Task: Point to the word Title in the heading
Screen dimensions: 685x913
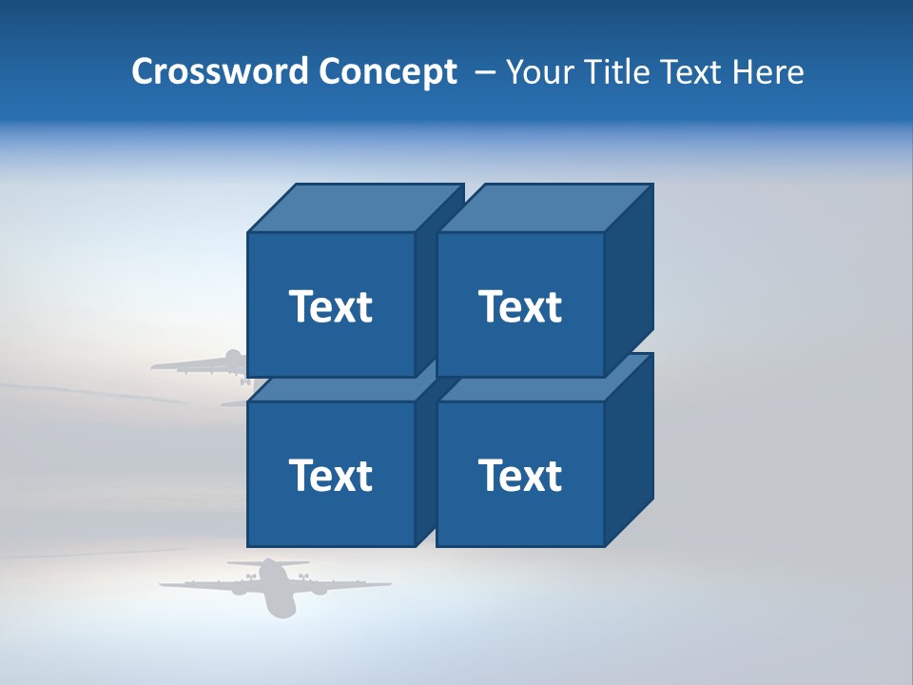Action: [619, 72]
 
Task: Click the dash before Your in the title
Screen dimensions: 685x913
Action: [484, 72]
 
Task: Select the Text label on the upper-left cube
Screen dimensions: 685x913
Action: [330, 306]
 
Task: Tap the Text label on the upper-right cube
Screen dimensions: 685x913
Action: [519, 306]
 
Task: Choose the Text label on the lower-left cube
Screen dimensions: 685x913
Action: [330, 475]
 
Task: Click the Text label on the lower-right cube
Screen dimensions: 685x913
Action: [519, 475]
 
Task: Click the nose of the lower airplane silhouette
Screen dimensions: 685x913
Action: [282, 611]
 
